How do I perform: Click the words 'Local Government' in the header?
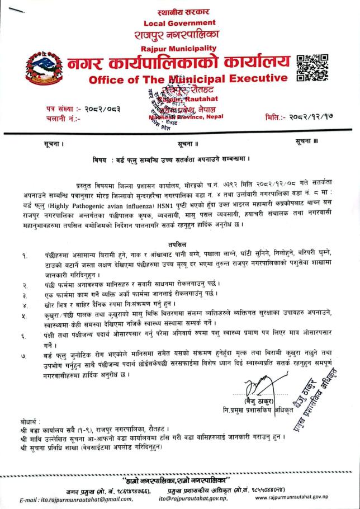[x=179, y=22]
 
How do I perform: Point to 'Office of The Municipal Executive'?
[x=188, y=78]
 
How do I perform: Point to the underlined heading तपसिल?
[x=179, y=244]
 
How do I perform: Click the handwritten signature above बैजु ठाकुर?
[x=258, y=386]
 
